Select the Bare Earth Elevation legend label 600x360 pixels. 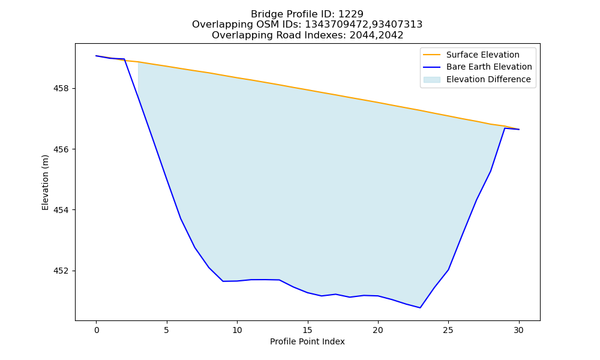[x=489, y=67]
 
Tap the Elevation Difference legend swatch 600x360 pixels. [x=431, y=80]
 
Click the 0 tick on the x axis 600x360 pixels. [x=97, y=330]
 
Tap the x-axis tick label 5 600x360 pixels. [x=167, y=330]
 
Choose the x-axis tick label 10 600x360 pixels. [x=237, y=330]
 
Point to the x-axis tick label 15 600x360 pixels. [x=308, y=330]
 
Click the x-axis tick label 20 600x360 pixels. [x=378, y=330]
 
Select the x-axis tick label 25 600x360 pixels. [x=448, y=330]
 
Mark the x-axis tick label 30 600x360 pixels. [x=519, y=330]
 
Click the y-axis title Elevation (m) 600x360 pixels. [x=45, y=182]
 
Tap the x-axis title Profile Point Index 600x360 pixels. [x=307, y=341]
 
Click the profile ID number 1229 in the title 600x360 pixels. [x=351, y=14]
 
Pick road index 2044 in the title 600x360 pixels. [x=362, y=35]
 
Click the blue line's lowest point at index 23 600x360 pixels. [x=420, y=308]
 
